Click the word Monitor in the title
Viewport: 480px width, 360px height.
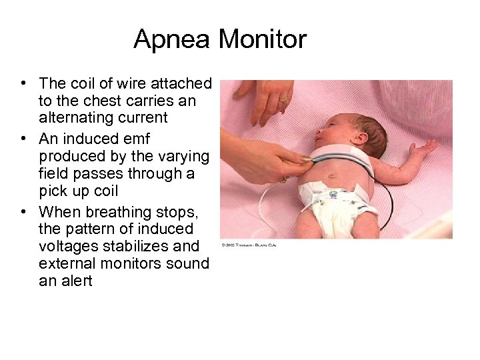[x=262, y=40]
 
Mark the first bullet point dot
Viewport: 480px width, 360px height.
[x=23, y=83]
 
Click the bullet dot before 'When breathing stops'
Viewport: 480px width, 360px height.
[x=23, y=211]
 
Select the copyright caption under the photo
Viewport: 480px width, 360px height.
[x=249, y=245]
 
